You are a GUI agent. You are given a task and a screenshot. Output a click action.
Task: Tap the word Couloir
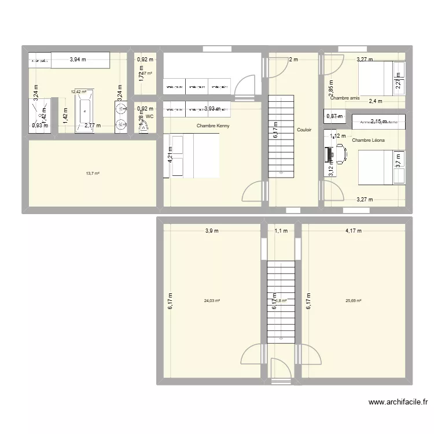[304, 130]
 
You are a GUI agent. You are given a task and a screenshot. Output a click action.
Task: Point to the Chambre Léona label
[368, 140]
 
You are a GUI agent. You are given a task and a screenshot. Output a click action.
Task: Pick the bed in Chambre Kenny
[194, 155]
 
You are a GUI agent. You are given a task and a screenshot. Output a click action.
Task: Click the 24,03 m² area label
[212, 300]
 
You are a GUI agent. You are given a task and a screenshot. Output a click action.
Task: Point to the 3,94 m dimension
[79, 59]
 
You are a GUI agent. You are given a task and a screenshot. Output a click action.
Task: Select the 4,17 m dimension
[353, 231]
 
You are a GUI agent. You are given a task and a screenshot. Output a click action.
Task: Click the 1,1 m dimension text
[281, 231]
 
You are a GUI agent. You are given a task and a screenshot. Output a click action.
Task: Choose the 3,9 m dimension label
[212, 231]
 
